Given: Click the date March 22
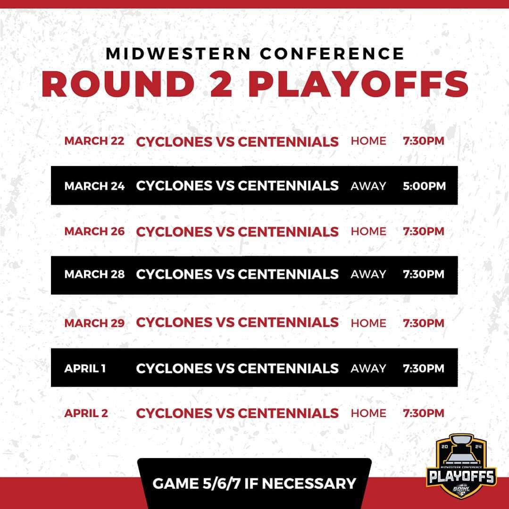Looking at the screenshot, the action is pyautogui.click(x=94, y=141).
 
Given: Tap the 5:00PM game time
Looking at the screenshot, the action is pyautogui.click(x=424, y=186).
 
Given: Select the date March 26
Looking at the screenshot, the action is pyautogui.click(x=94, y=231).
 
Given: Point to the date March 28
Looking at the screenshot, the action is pyautogui.click(x=94, y=274).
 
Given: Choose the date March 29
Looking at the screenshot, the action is pyautogui.click(x=94, y=323).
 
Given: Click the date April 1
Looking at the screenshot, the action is pyautogui.click(x=85, y=368).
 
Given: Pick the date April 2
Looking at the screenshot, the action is pyautogui.click(x=86, y=413).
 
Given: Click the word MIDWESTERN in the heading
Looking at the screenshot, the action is pyautogui.click(x=178, y=54).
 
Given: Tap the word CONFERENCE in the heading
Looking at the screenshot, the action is pyautogui.click(x=332, y=54).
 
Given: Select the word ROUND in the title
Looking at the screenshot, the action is pyautogui.click(x=118, y=84).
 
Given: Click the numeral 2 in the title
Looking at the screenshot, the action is pyautogui.click(x=221, y=84).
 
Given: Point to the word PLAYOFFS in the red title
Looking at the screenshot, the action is pyautogui.click(x=358, y=84).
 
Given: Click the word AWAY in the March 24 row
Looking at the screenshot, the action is pyautogui.click(x=368, y=186).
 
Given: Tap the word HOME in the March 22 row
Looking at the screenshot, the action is pyautogui.click(x=368, y=141).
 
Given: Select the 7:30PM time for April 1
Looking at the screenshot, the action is pyautogui.click(x=424, y=368).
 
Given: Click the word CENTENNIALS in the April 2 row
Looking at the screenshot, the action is pyautogui.click(x=288, y=413).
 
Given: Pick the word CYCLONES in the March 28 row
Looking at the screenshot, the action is pyautogui.click(x=174, y=274).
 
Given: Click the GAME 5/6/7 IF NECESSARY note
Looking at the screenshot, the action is pyautogui.click(x=254, y=484).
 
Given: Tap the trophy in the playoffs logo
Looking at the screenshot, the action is pyautogui.click(x=461, y=450).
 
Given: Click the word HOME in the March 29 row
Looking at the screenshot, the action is pyautogui.click(x=368, y=323).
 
